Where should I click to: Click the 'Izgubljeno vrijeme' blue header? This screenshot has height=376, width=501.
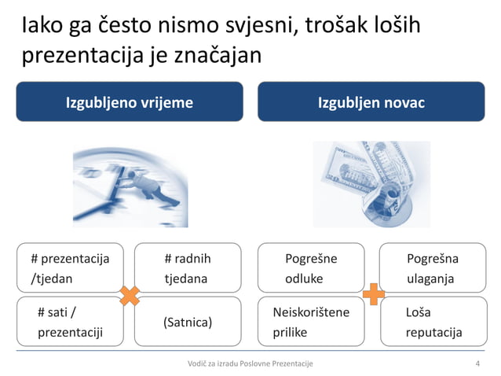tap(130, 102)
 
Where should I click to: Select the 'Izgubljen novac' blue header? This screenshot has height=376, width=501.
tap(371, 102)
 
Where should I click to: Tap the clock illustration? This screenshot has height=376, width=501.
tap(130, 184)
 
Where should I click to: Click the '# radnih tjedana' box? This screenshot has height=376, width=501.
tap(187, 268)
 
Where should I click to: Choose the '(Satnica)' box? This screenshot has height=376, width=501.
tap(187, 322)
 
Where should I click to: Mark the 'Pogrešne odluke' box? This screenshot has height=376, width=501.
tap(311, 268)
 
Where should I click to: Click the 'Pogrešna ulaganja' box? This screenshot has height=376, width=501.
tap(433, 268)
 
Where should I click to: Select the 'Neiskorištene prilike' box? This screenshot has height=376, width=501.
tap(311, 322)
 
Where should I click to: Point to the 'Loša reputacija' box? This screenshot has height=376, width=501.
tap(433, 322)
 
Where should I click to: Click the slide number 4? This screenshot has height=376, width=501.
tap(477, 363)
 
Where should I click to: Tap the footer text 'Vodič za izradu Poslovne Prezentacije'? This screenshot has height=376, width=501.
tap(251, 363)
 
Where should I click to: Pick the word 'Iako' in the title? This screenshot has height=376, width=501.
tap(41, 26)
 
